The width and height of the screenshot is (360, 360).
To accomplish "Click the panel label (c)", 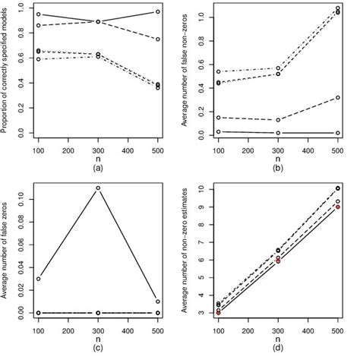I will tap(98, 348).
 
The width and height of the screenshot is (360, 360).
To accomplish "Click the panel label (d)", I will tap(277, 348).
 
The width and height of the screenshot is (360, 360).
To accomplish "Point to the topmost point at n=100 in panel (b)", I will tap(218, 71).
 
